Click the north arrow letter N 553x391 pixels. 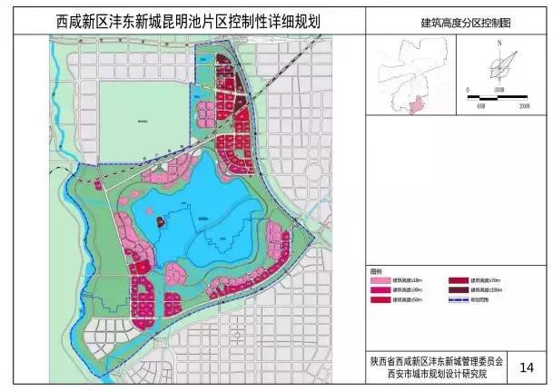pyautogui.click(x=499, y=43)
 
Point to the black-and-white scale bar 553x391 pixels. pyautogui.click(x=498, y=91)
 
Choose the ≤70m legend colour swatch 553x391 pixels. pyautogui.click(x=455, y=281)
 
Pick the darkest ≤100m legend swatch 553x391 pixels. pyautogui.click(x=455, y=291)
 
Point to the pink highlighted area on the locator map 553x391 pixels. pyautogui.click(x=418, y=105)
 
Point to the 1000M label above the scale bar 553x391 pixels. pyautogui.click(x=497, y=84)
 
